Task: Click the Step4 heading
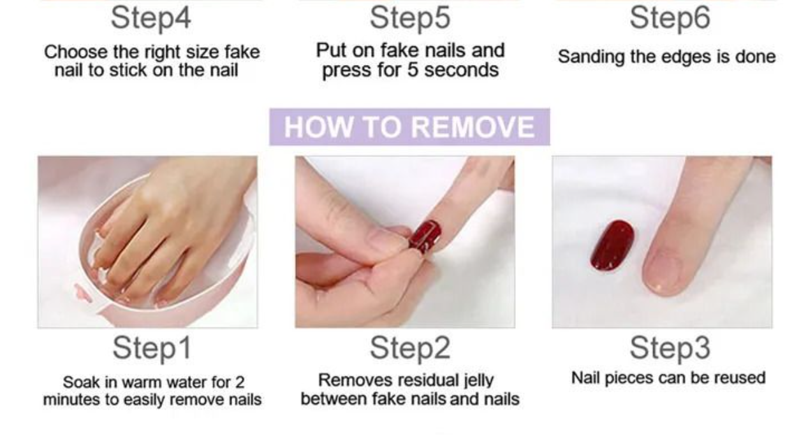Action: [151, 18]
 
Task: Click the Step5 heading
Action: [409, 18]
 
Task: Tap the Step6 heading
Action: [670, 18]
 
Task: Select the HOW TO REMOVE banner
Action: [409, 127]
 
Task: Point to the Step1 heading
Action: [151, 348]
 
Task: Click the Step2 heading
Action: [409, 348]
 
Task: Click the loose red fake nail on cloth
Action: [611, 245]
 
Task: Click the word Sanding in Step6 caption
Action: [583, 57]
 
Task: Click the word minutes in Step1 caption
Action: [68, 400]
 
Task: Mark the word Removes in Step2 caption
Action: [349, 381]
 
